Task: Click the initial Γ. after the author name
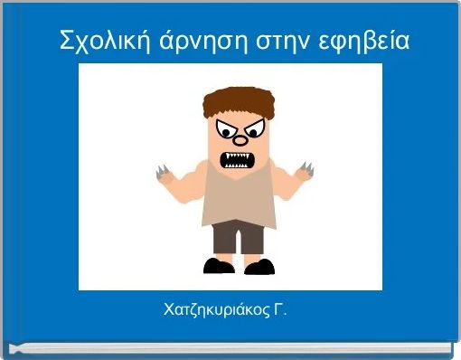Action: pos(280,310)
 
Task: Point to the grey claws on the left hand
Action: pos(164,173)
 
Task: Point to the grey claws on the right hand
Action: pos(306,169)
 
